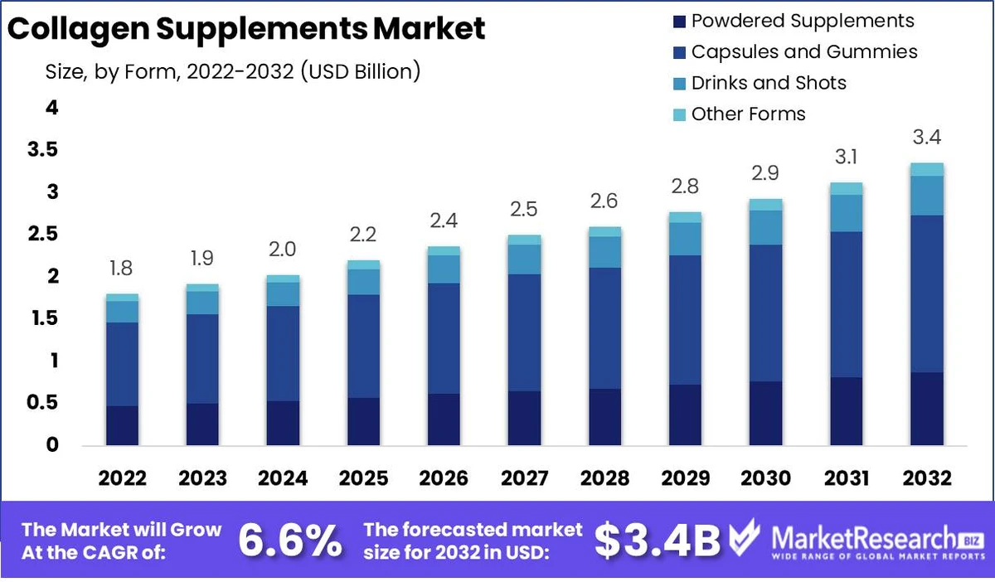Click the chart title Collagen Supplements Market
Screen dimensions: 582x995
246,29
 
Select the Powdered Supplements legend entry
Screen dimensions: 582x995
802,21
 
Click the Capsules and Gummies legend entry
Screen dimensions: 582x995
803,51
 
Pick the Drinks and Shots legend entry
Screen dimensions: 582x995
768,83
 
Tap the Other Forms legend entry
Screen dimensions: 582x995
747,114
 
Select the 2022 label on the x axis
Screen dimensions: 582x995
122,478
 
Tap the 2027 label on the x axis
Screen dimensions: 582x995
524,478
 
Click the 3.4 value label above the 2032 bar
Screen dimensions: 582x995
926,137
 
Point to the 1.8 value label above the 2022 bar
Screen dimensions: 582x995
122,269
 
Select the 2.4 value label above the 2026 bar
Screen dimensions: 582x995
444,221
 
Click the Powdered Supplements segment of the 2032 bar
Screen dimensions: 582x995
926,409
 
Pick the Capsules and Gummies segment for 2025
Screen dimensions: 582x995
363,347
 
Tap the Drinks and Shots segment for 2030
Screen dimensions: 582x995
765,227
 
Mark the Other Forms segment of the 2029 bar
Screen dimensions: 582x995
685,217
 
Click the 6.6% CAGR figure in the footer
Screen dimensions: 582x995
289,541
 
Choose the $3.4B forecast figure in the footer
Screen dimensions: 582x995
658,541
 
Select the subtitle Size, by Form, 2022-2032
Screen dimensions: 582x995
233,71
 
